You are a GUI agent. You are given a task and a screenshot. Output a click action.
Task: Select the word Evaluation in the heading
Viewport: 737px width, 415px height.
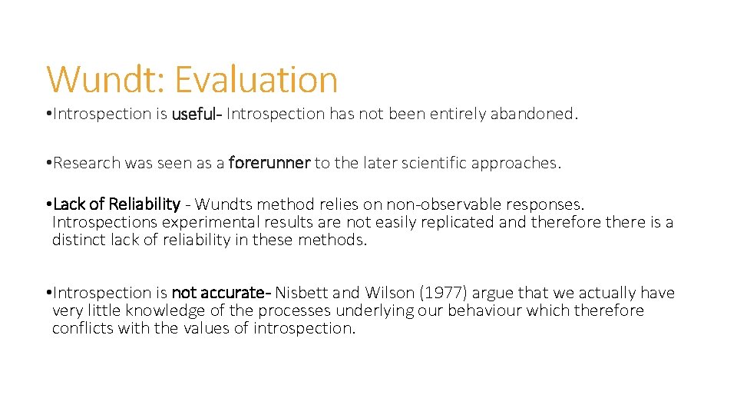(x=256, y=79)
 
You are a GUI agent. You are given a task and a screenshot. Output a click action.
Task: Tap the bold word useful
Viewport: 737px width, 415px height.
(x=196, y=114)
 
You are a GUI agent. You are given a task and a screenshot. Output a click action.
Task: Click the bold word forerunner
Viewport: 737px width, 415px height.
(x=269, y=163)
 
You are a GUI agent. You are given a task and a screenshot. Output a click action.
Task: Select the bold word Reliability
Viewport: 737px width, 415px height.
(x=144, y=204)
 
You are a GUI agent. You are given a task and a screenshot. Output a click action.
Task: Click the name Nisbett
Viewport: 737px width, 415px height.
(x=302, y=293)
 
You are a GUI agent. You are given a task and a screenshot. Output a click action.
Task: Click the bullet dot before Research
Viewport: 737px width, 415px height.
(x=48, y=163)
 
